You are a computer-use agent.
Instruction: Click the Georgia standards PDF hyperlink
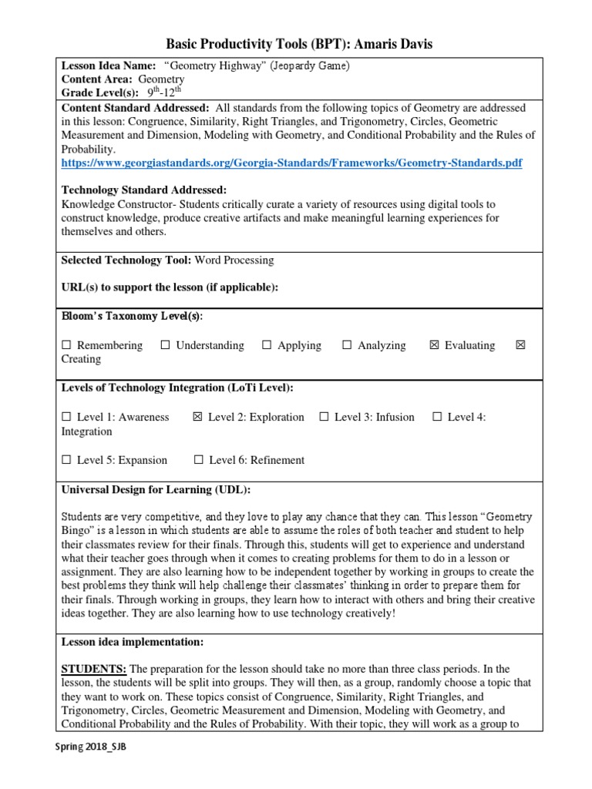pos(291,164)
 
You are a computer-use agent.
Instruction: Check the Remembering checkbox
pos(66,346)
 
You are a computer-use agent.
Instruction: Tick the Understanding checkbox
pos(165,346)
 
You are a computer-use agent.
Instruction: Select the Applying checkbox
pos(267,346)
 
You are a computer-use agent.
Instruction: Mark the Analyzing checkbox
pos(347,346)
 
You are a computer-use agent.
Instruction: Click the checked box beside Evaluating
pos(434,346)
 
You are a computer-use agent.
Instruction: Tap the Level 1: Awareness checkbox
pos(66,418)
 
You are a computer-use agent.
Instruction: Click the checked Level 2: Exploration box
pos(197,418)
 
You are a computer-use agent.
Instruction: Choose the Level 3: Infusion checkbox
pos(324,418)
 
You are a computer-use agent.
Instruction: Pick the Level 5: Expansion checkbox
pos(66,461)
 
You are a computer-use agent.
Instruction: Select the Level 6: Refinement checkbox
pos(199,461)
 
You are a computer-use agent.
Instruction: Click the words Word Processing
pos(234,260)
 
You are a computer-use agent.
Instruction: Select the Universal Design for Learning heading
pos(156,490)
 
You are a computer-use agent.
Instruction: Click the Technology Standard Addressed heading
pos(143,190)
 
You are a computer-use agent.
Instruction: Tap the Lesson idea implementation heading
pos(132,641)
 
